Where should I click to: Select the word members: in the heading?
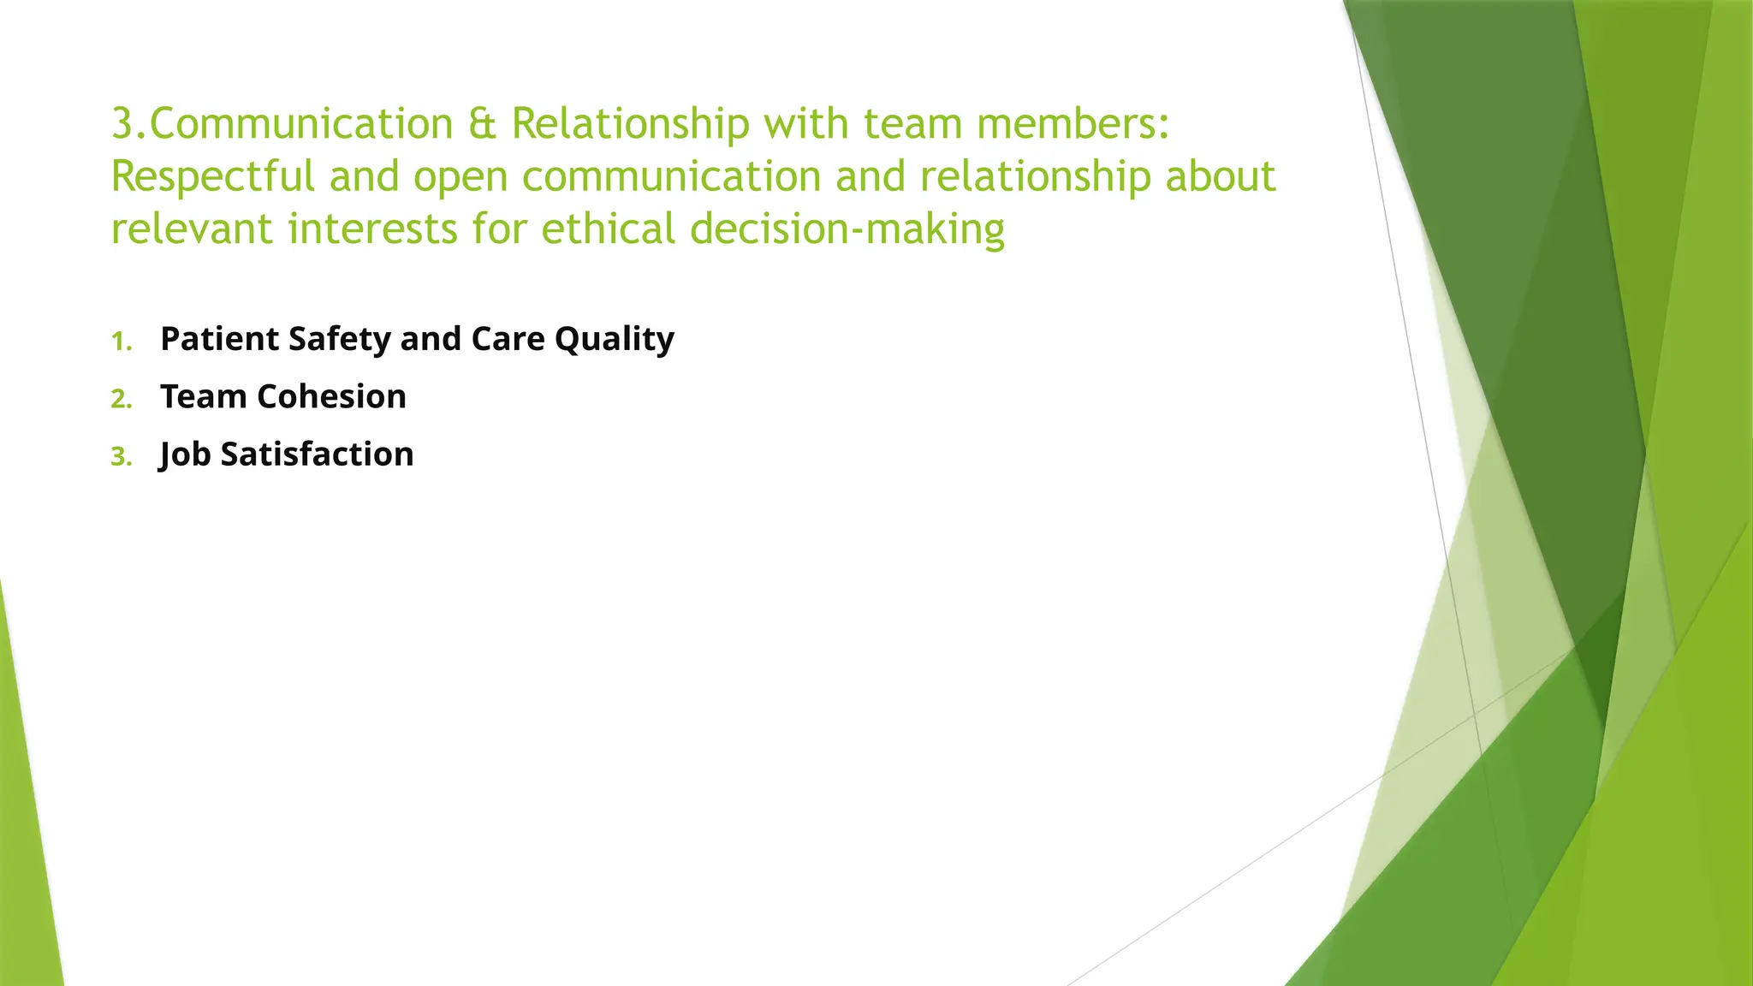click(x=1073, y=124)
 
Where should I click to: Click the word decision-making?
click(x=847, y=229)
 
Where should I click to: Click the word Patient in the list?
click(x=219, y=339)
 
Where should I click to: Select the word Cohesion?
click(x=331, y=397)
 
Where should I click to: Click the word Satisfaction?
click(x=317, y=454)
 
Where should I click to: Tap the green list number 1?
click(x=121, y=342)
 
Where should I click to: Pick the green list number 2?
click(x=121, y=399)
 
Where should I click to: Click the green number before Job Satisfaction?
click(x=121, y=457)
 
